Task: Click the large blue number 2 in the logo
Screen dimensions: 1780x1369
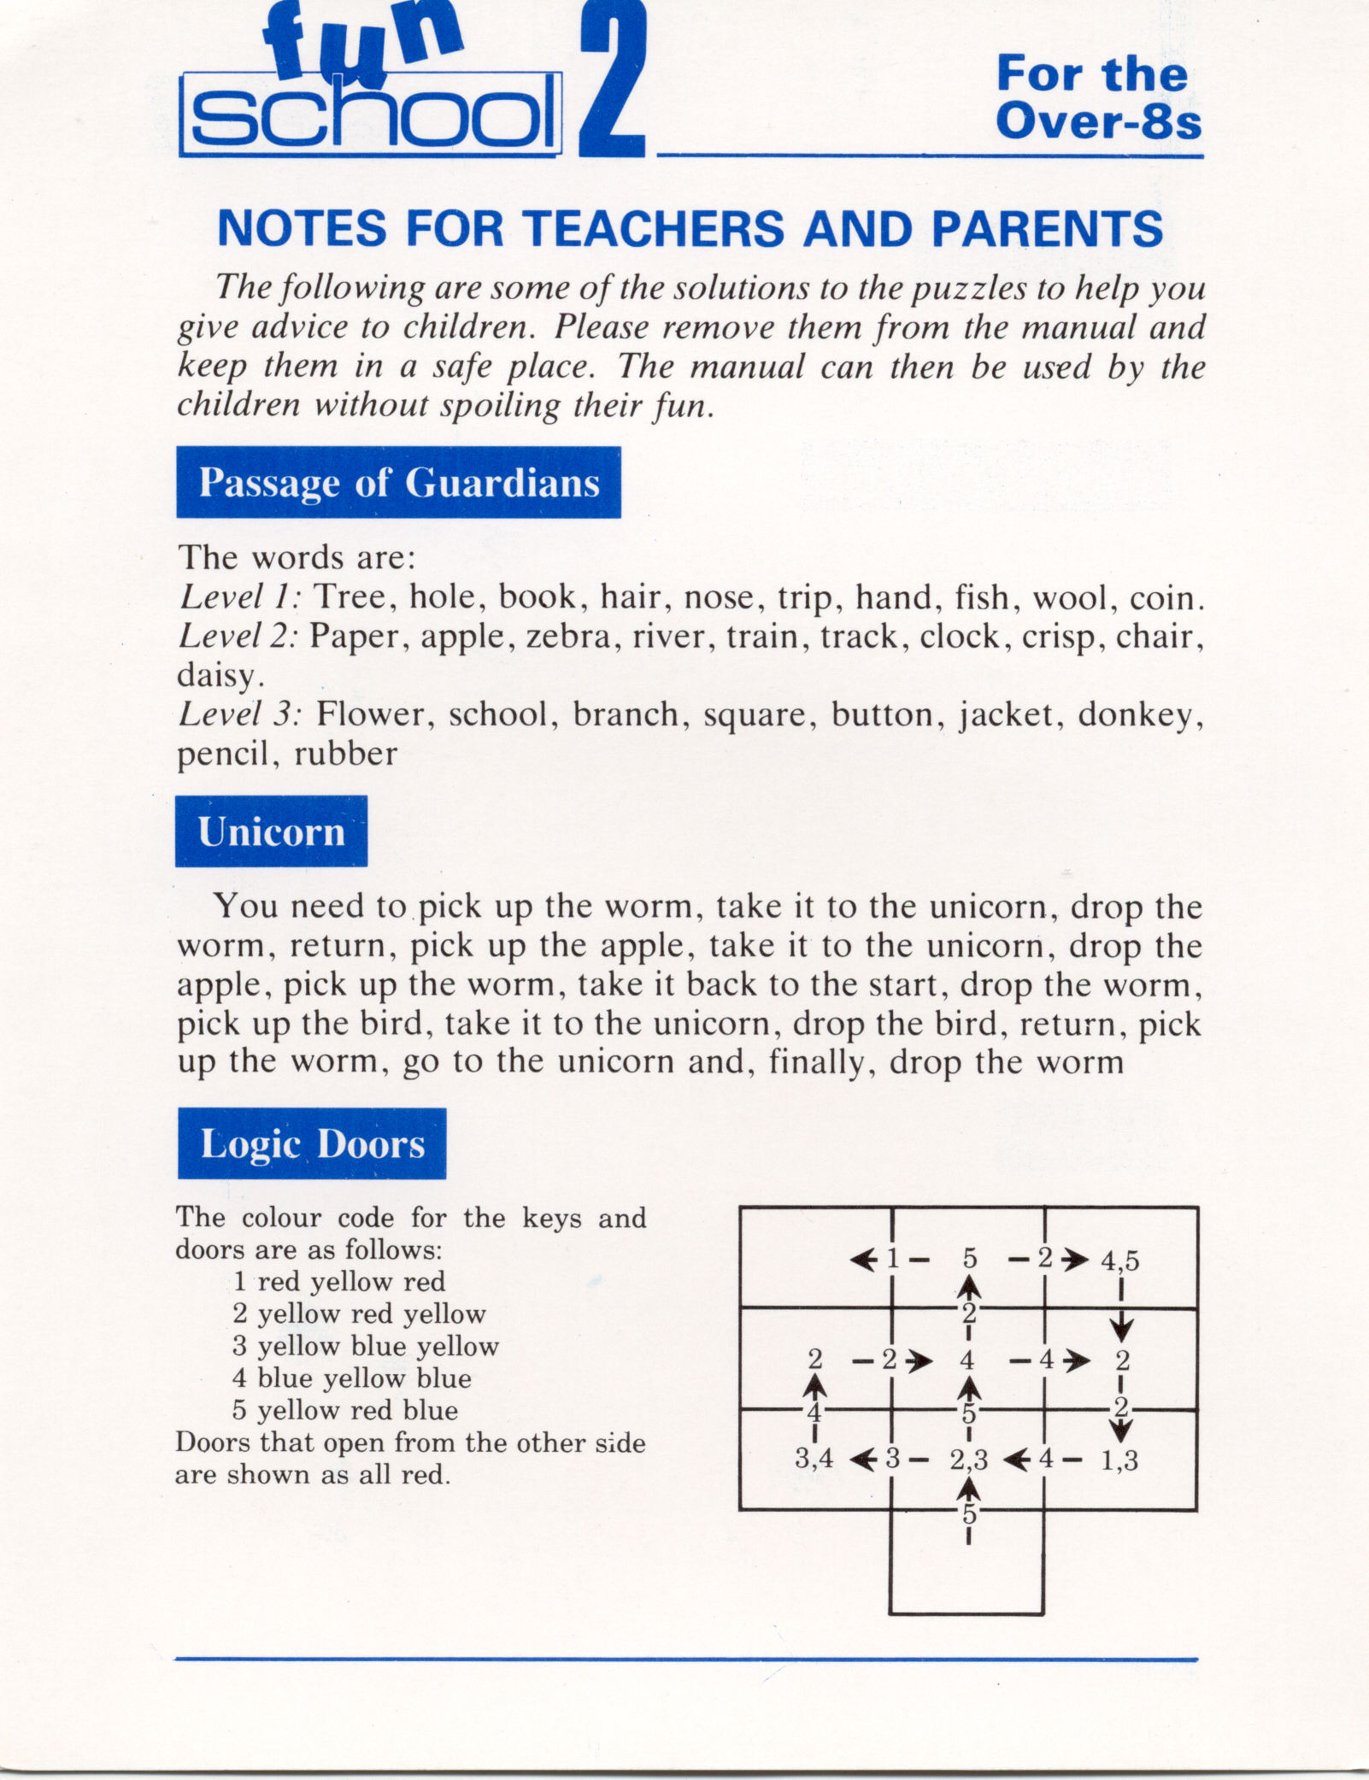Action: click(611, 81)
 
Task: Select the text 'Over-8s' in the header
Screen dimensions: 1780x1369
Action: click(1099, 122)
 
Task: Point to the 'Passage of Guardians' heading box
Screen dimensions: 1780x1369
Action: click(398, 483)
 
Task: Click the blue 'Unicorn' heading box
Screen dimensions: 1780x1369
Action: click(272, 831)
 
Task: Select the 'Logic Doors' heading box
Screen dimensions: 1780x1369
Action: click(312, 1144)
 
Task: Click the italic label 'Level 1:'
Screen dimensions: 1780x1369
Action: click(239, 597)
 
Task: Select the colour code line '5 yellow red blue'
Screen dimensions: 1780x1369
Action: click(345, 1410)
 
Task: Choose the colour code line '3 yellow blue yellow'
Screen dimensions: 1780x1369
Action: click(366, 1346)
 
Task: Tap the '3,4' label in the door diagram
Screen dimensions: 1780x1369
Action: click(814, 1459)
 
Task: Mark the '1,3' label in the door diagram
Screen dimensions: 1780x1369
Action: click(1119, 1460)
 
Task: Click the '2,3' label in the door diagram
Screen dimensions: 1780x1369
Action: click(968, 1460)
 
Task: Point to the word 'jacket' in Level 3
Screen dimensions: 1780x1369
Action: click(1005, 714)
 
